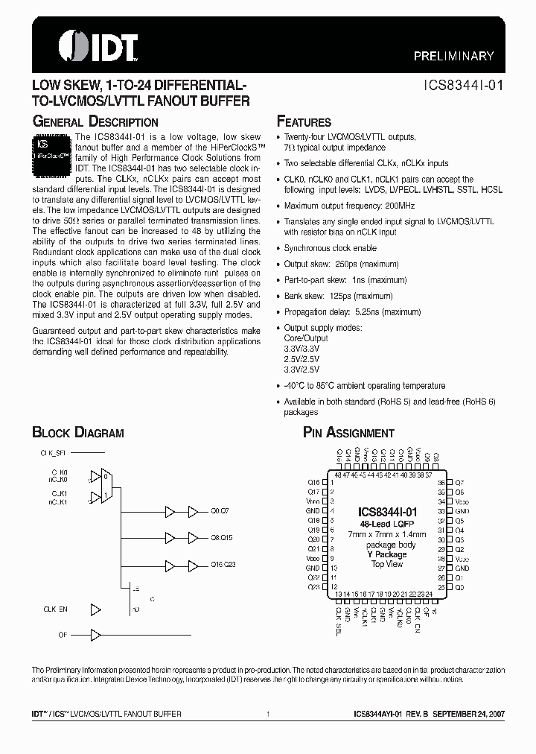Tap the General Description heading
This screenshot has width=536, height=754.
[x=95, y=121]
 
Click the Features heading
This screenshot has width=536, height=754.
[x=304, y=121]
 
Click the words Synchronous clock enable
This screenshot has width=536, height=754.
[x=330, y=248]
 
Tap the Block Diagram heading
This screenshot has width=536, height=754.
[x=77, y=433]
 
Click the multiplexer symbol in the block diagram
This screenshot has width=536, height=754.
[x=108, y=486]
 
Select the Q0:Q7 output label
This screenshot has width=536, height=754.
[x=221, y=512]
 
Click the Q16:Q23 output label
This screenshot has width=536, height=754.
[x=223, y=565]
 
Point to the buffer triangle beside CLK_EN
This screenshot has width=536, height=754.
[x=95, y=609]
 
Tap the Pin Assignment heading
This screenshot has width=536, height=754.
[x=348, y=433]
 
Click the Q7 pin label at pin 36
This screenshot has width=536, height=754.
[x=459, y=482]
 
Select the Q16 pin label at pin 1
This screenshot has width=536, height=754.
[x=313, y=482]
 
